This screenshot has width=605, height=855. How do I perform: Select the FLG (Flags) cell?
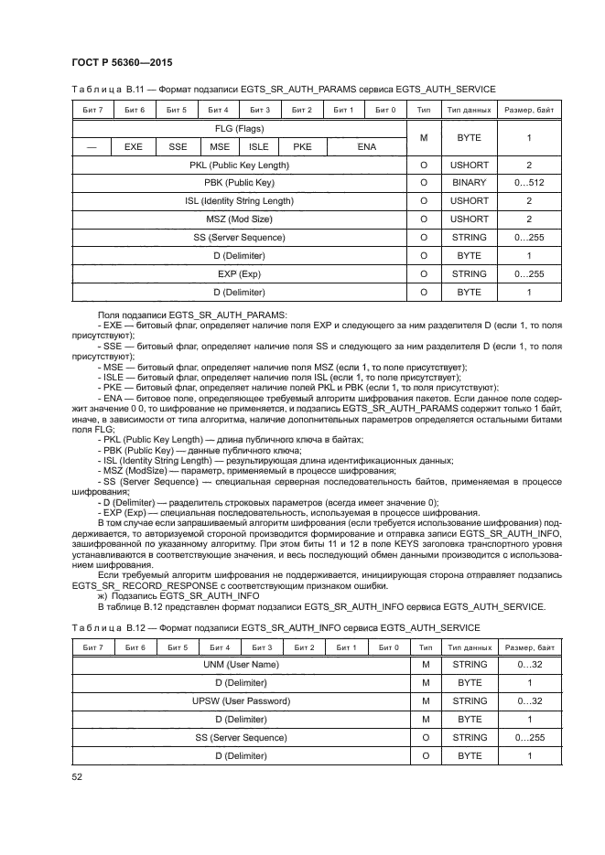pos(240,129)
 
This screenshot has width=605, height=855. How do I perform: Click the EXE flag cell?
pos(134,146)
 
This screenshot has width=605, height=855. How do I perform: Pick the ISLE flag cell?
pos(259,146)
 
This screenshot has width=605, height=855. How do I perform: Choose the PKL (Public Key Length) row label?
pos(240,166)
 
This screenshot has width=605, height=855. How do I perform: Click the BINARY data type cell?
pos(469,183)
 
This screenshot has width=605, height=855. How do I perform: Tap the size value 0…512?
pos(529,183)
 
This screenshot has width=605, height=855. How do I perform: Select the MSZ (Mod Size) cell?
pos(240,219)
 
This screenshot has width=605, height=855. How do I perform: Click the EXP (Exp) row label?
pos(240,273)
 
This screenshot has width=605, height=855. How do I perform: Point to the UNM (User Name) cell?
pos(240,665)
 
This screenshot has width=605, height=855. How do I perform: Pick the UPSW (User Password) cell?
pos(240,701)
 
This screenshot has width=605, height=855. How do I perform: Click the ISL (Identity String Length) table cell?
pos(240,201)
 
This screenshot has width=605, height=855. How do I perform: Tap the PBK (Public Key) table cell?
pos(240,183)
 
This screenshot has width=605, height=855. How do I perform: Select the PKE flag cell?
pos(302,146)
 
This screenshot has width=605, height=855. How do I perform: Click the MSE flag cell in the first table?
pos(219,146)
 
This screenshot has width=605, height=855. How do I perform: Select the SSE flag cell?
pos(177,146)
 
